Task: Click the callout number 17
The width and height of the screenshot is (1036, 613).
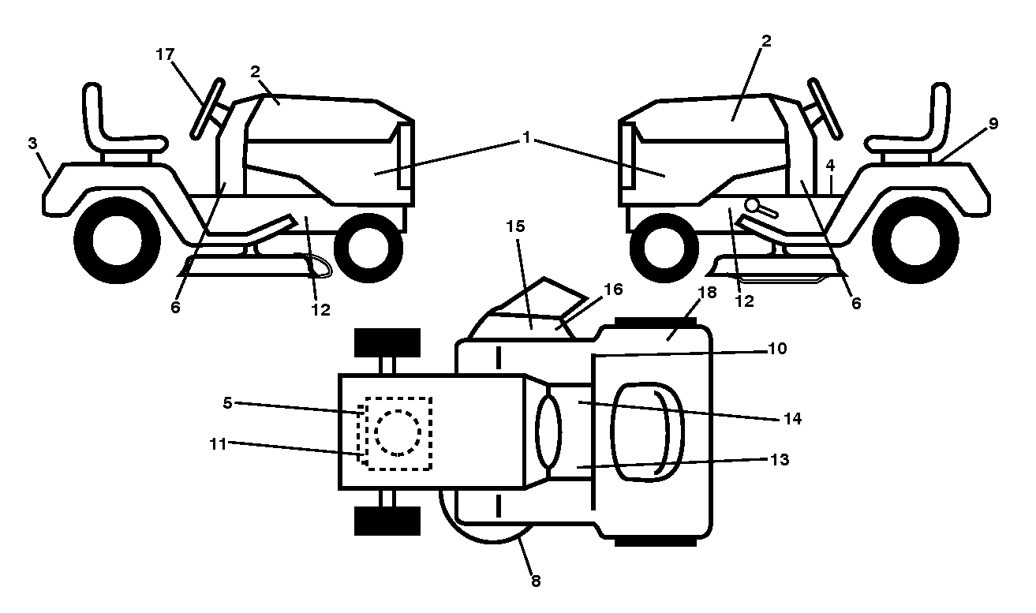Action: coord(165,54)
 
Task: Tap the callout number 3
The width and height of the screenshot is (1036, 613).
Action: coord(32,144)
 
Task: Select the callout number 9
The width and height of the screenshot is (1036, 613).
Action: coord(993,124)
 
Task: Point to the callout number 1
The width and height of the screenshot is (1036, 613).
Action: coord(525,137)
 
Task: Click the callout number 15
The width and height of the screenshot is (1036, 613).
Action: coord(516,226)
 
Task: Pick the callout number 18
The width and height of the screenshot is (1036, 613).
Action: coord(708,293)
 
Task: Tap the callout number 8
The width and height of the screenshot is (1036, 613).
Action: coord(536,581)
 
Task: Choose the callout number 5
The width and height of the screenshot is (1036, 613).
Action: coord(227,402)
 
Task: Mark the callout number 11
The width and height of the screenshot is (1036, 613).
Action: coord(219,444)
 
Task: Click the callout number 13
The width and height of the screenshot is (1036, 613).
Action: coord(780,459)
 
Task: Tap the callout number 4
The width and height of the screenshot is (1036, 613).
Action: coord(830,165)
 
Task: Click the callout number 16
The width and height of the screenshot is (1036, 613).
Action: coord(614,290)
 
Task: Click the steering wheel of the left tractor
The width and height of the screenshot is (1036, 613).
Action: coord(208,109)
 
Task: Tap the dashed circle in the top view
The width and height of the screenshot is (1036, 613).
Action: coord(398,433)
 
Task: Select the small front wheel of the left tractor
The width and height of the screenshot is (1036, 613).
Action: coord(368,248)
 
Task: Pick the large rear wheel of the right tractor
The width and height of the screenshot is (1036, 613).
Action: coord(915,241)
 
